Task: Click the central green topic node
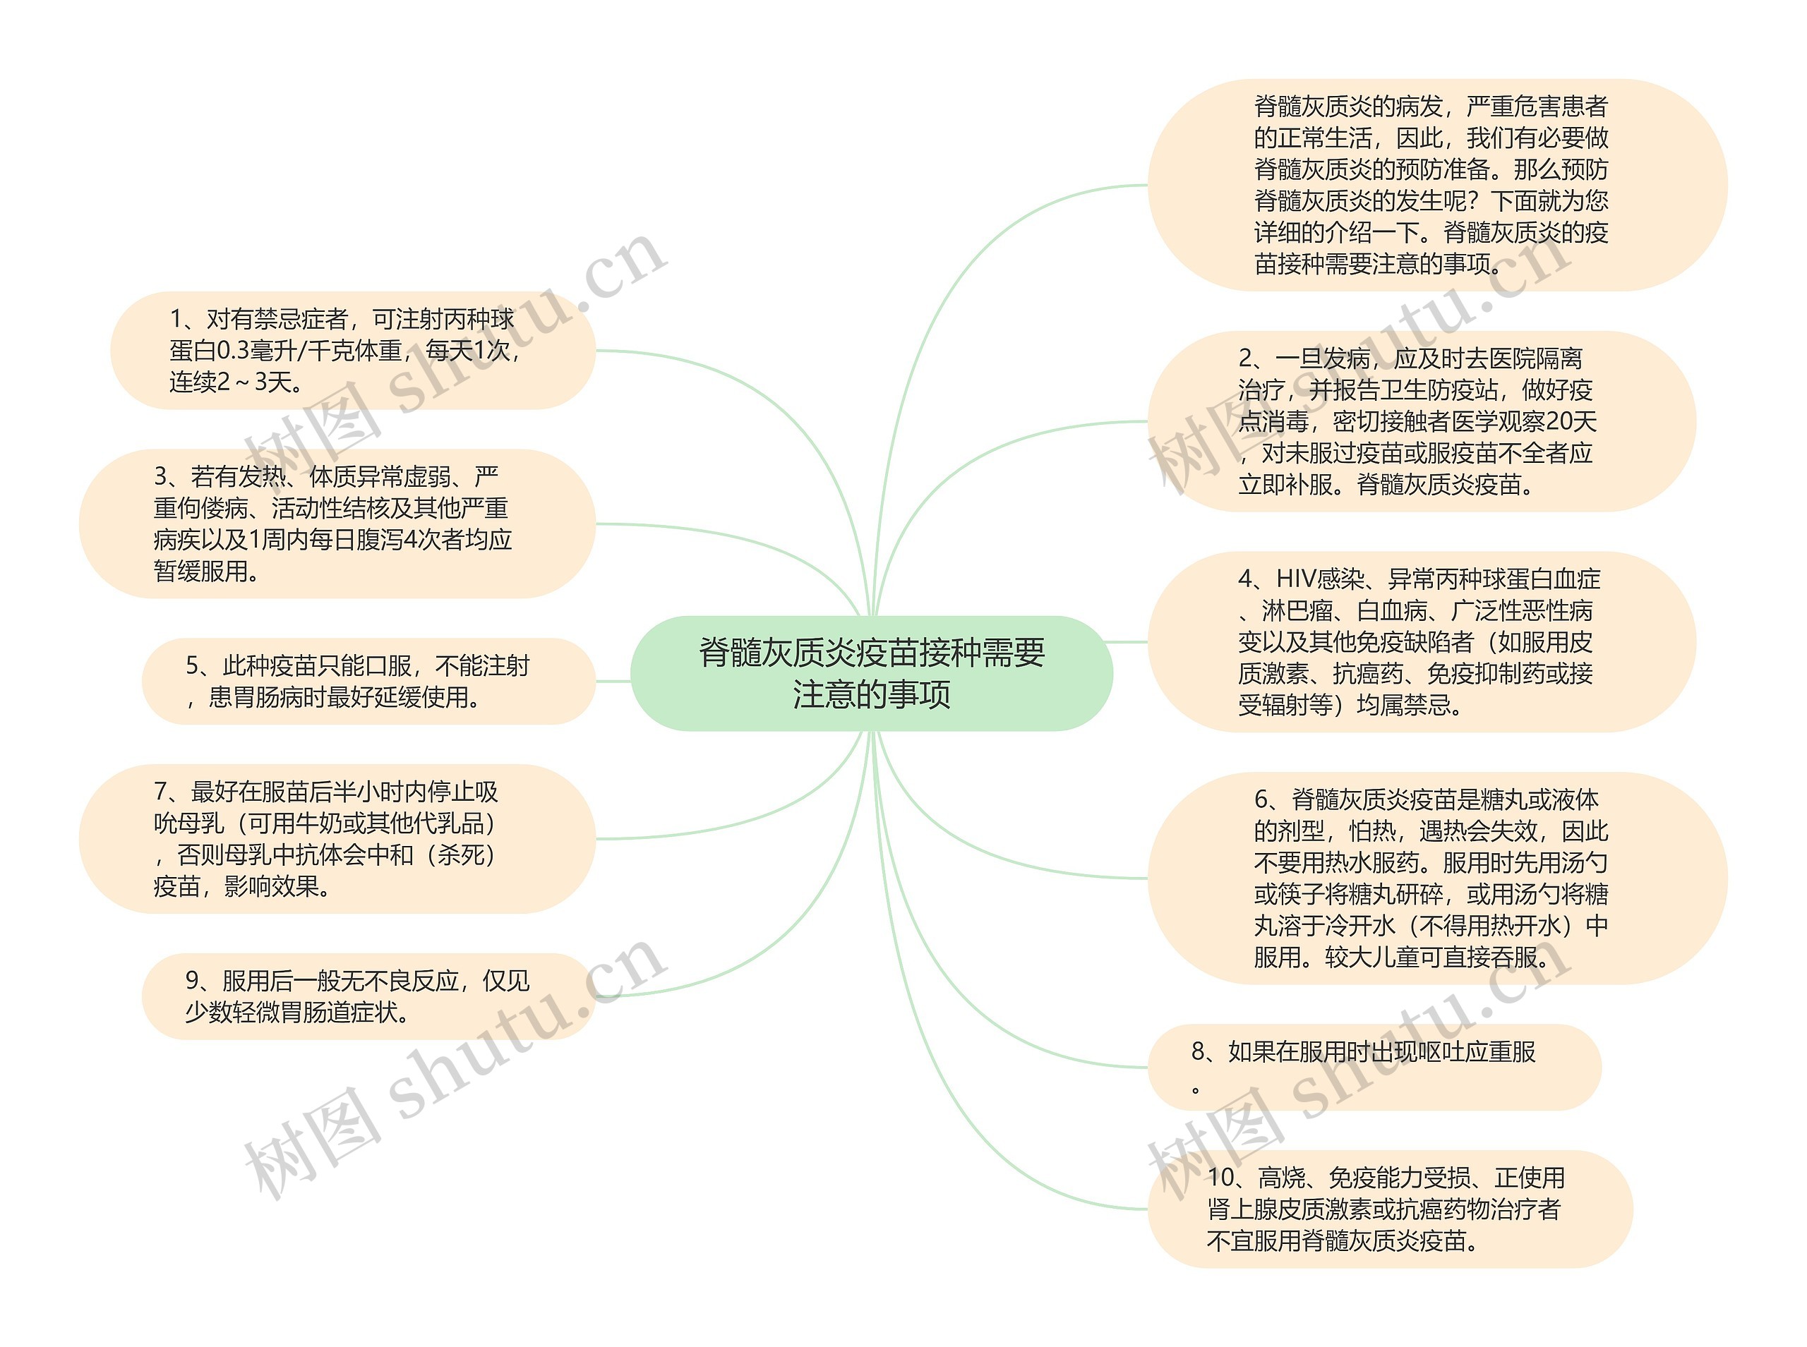tap(871, 672)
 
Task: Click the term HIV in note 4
tap(1296, 579)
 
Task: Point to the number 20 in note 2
tap(1559, 421)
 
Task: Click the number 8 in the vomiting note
tap(1198, 1052)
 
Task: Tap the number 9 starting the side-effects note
tap(193, 981)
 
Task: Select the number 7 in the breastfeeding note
tap(161, 792)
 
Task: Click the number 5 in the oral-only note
tap(193, 666)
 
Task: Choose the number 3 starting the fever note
tap(161, 476)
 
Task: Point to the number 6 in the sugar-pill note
tap(1261, 800)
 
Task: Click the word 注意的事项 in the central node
tap(871, 695)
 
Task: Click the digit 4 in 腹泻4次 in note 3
tap(411, 540)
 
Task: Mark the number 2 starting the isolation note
tap(1245, 358)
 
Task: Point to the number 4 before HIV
tap(1245, 579)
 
